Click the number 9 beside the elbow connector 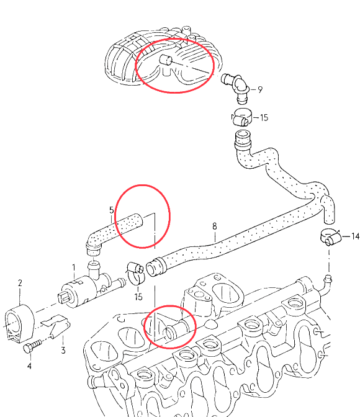click(x=259, y=89)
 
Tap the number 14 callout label click(x=355, y=236)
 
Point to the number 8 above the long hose click(x=215, y=226)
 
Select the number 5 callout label click(x=112, y=210)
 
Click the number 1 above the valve click(x=74, y=267)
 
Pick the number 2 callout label click(x=20, y=283)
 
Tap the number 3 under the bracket click(x=63, y=350)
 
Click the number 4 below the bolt click(x=29, y=366)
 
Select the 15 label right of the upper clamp click(x=264, y=117)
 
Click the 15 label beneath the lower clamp click(x=138, y=297)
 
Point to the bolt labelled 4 click(x=32, y=346)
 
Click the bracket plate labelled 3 click(x=56, y=326)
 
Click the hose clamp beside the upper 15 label click(x=241, y=117)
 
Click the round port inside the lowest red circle click(x=169, y=333)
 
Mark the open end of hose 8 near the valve click(x=151, y=269)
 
